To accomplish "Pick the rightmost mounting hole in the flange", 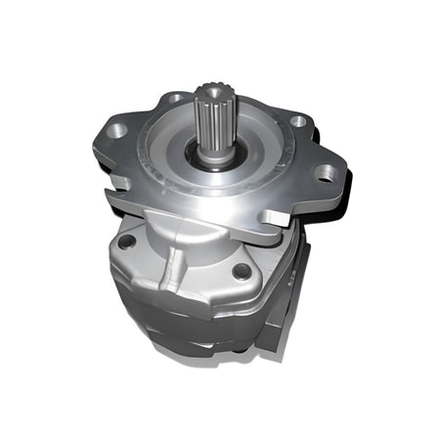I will (324, 174).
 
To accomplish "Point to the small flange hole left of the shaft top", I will (173, 98).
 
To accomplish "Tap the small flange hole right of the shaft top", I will (298, 122).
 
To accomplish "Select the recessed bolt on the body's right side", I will (240, 272).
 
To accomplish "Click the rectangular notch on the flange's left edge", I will (115, 179).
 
